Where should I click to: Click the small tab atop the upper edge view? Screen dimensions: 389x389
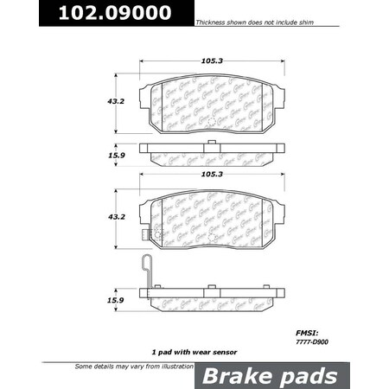(210, 141)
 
